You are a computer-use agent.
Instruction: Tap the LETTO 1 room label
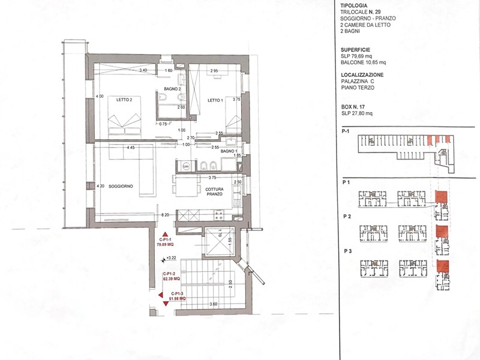215,100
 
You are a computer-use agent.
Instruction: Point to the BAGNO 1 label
228,151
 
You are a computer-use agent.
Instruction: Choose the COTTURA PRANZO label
214,191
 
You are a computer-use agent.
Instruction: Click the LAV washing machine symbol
186,166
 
